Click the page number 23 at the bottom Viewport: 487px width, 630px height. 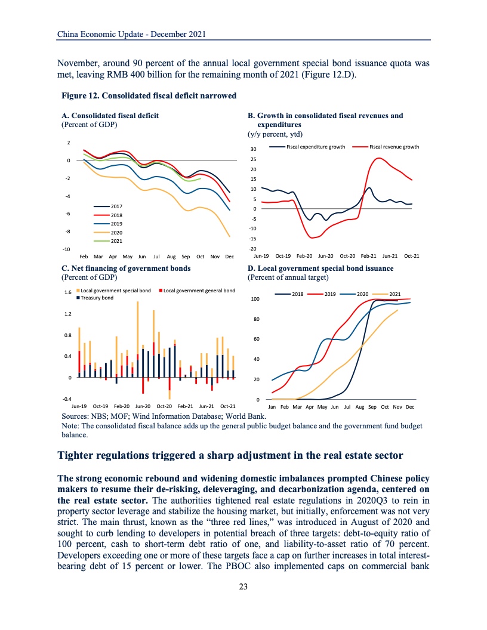tap(243, 586)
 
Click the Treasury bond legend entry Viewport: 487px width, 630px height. tap(95, 297)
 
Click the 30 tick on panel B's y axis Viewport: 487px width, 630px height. tap(253, 149)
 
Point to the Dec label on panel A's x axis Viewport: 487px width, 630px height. tap(229, 256)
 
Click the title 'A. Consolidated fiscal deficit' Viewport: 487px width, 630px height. tap(110, 116)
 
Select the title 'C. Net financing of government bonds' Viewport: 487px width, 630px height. tap(126, 268)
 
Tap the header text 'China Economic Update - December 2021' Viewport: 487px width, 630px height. tap(131, 34)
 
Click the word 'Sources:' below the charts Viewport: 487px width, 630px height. tap(76, 415)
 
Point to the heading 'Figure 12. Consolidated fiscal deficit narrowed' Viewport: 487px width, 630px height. tap(149, 95)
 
